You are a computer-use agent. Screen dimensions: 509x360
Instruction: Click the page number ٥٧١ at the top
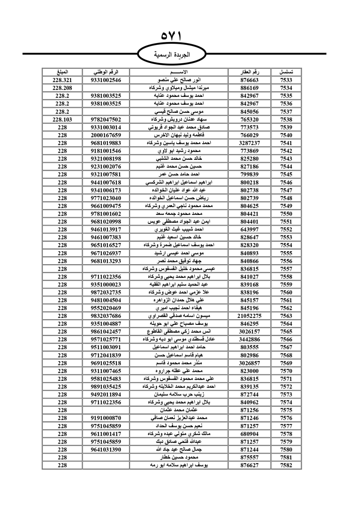click(171, 36)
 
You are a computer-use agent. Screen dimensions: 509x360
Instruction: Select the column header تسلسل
click(286, 72)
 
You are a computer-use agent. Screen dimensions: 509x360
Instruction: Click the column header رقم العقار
click(249, 72)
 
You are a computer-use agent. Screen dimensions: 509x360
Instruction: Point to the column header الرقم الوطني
click(106, 72)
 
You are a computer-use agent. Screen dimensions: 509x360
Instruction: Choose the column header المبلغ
click(62, 72)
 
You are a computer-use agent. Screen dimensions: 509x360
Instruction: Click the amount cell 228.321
click(62, 80)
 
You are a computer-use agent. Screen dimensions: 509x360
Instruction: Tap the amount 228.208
click(62, 88)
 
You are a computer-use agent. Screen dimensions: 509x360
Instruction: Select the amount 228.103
click(62, 120)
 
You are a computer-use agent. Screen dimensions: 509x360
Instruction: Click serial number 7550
click(286, 214)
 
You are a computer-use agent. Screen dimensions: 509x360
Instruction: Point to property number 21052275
click(249, 316)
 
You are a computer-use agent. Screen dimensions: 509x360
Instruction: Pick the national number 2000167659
click(106, 135)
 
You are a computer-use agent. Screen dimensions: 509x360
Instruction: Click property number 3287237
click(249, 143)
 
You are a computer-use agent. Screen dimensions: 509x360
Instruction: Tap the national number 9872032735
click(106, 292)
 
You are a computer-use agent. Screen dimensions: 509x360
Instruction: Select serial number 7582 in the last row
click(286, 465)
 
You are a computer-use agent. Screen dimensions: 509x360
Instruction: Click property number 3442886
click(249, 339)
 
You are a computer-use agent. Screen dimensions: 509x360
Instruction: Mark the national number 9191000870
click(106, 418)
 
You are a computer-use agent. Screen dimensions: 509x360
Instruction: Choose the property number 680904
click(249, 434)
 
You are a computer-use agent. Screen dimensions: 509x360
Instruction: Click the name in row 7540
click(179, 135)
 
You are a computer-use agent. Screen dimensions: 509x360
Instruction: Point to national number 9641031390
click(106, 450)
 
